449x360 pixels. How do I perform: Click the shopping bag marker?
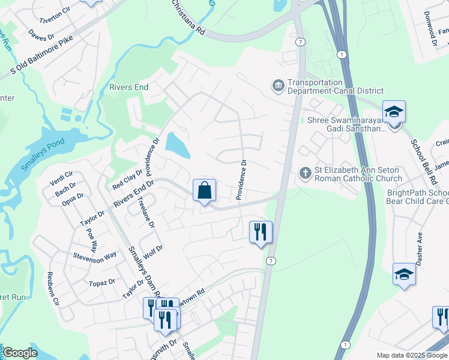coord(205,191)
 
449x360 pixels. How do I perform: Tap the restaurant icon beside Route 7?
coord(261,232)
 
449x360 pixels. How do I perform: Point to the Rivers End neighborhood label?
coord(128,87)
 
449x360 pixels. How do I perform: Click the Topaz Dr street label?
coord(102,282)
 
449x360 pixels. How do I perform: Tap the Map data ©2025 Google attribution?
coord(412,355)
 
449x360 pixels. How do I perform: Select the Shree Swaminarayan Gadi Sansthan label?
coord(347,124)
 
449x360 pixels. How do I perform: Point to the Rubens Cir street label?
coord(53,289)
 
